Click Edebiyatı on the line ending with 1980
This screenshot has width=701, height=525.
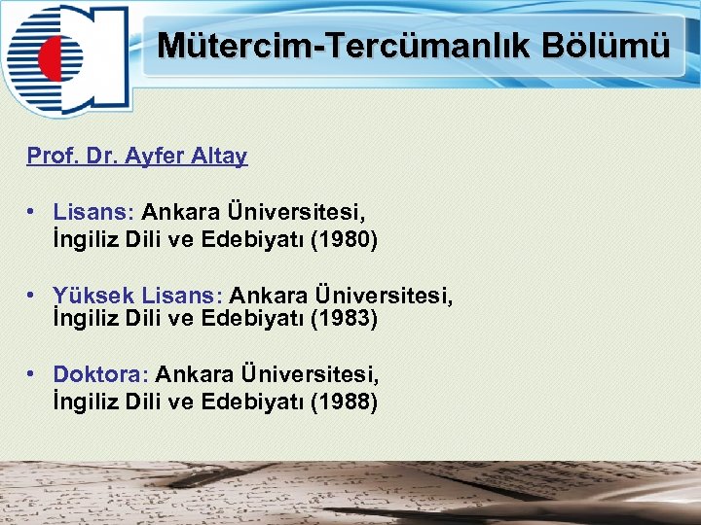pyautogui.click(x=252, y=238)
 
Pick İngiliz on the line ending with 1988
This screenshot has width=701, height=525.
pyautogui.click(x=86, y=401)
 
